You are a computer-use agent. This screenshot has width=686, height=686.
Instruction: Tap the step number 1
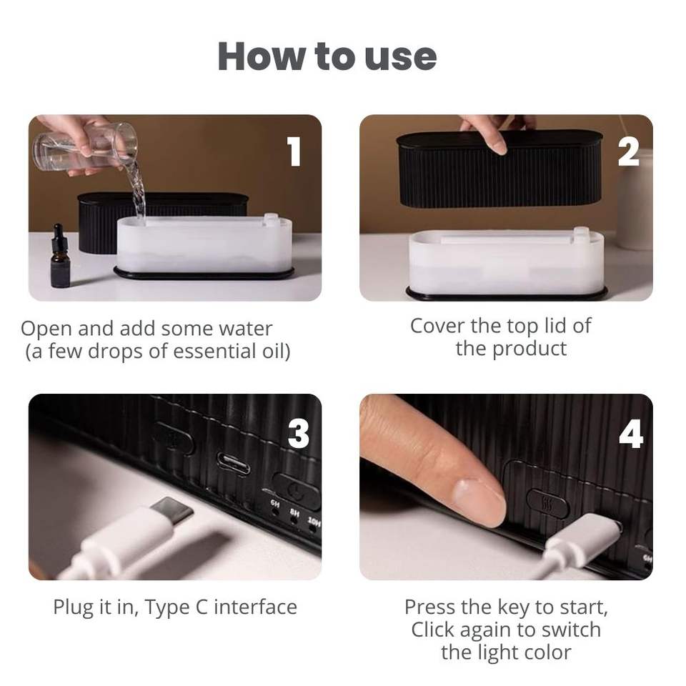[294, 151]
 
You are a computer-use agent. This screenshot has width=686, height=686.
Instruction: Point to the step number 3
[299, 434]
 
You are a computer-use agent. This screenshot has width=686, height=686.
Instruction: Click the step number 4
[631, 434]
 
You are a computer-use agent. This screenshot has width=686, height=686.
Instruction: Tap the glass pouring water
[86, 147]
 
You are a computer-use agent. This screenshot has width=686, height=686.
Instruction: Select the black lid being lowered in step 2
[499, 169]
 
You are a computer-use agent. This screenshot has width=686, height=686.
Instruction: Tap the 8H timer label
[294, 512]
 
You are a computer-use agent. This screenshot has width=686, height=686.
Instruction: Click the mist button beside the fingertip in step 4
[547, 502]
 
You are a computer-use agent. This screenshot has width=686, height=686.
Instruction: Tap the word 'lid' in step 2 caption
[553, 326]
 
